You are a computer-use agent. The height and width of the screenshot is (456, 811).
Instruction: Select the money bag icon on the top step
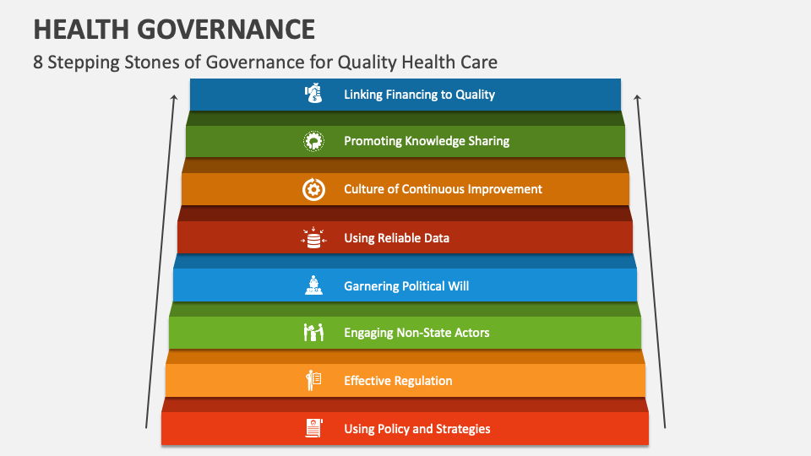313,94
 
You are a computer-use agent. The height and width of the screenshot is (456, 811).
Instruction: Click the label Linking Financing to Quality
419,95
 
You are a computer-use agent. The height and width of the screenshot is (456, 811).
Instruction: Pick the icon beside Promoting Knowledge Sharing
313,141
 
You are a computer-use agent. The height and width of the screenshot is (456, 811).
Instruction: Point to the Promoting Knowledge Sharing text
427,141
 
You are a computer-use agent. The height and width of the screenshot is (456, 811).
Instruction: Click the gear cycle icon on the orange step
313,189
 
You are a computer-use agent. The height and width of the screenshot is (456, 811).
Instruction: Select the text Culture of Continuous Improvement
443,189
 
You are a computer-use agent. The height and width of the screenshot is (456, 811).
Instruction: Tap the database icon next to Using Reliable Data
313,238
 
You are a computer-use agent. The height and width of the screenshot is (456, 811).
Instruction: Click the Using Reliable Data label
396,238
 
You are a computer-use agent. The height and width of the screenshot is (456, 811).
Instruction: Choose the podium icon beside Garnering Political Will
313,286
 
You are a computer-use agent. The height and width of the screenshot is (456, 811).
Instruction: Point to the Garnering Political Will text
406,286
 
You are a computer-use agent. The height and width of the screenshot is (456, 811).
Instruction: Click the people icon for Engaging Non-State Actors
313,333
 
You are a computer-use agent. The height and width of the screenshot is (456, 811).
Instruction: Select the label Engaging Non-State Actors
416,333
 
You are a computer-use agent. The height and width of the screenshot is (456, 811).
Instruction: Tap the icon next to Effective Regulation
313,381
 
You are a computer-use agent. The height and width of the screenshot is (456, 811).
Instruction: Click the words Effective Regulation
398,381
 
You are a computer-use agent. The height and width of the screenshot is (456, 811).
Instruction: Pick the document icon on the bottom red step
313,429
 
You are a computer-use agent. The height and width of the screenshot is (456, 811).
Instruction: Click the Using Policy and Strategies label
416,429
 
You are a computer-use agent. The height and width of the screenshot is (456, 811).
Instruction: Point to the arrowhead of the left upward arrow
174,98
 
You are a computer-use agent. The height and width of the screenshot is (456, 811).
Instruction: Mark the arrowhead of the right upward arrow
637,98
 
